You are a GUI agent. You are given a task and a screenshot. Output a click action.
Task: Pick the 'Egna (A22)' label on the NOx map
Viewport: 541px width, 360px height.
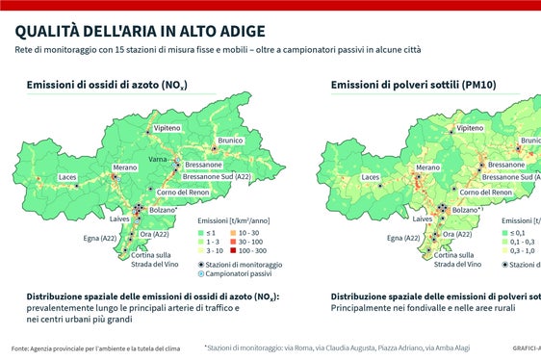pyautogui.click(x=101, y=236)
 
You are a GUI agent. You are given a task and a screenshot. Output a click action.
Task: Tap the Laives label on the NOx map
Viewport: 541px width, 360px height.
pyautogui.click(x=120, y=219)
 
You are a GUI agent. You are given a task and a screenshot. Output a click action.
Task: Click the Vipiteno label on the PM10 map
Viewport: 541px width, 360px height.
pyautogui.click(x=470, y=128)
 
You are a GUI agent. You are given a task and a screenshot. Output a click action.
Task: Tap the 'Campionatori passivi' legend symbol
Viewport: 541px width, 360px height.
pyautogui.click(x=202, y=274)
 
